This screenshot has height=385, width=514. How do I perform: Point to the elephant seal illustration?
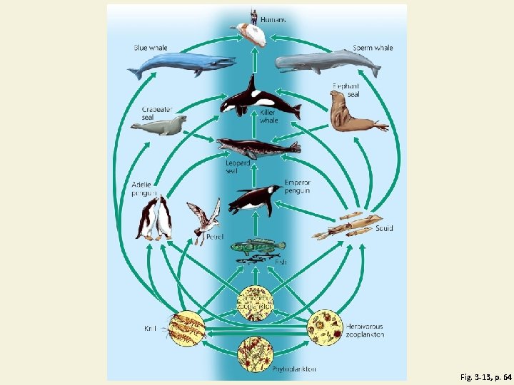pyautogui.click(x=353, y=114)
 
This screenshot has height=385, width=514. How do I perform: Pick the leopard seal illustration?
pyautogui.click(x=257, y=149)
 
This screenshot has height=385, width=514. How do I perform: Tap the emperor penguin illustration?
pyautogui.click(x=254, y=199)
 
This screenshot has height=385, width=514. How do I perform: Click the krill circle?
pyautogui.click(x=187, y=329)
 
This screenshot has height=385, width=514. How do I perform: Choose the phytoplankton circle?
pyautogui.click(x=256, y=354)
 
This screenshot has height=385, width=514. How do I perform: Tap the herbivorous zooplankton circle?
pyautogui.click(x=326, y=327)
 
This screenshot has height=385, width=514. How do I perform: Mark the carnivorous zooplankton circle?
pyautogui.click(x=256, y=302)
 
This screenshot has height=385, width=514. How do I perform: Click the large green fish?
pyautogui.click(x=258, y=247)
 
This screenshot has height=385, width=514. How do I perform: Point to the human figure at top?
pyautogui.click(x=253, y=16)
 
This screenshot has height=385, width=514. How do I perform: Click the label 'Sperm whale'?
pyautogui.click(x=373, y=48)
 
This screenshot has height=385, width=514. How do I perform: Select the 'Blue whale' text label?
pyautogui.click(x=151, y=48)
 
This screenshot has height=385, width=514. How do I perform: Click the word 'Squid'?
pyautogui.click(x=384, y=228)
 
